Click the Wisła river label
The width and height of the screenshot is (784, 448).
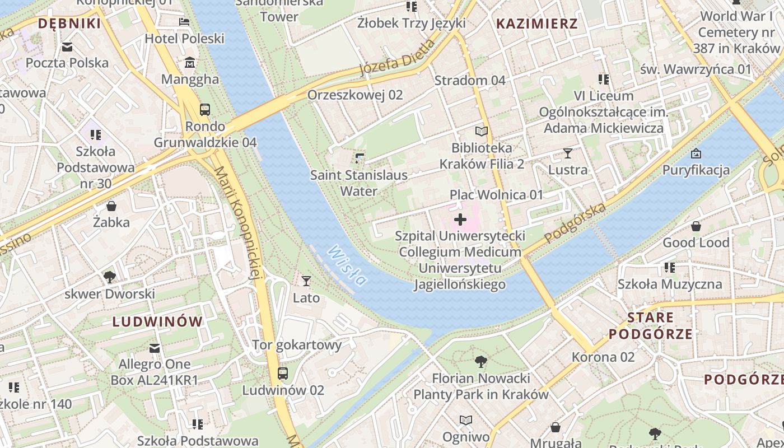pos(347,265)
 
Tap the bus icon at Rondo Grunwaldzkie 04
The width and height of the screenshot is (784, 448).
pos(205,109)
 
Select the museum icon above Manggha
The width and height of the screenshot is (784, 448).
pos(190,62)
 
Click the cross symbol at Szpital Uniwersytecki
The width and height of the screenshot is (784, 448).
pos(460,219)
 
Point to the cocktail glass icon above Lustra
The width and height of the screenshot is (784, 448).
pos(568,153)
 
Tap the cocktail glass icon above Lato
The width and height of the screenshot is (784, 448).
pos(306,281)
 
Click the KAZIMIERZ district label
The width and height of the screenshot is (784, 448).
pos(536,24)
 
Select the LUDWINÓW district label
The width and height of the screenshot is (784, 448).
pos(157,321)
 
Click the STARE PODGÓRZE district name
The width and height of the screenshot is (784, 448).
pos(650,326)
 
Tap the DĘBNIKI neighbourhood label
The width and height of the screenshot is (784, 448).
pos(69,24)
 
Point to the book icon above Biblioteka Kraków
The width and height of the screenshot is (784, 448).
pos(482,132)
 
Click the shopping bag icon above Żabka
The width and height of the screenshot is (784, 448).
pos(111,206)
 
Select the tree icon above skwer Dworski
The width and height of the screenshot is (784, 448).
pos(110,277)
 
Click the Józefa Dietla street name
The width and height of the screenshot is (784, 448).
pos(396,58)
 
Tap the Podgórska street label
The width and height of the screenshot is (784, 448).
pos(575,223)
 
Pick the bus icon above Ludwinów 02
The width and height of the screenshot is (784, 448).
pos(283,374)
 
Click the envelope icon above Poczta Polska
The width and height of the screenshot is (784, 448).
pos(67,46)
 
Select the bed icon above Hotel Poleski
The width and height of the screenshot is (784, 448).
pos(184,22)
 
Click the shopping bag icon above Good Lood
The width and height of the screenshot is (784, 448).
pos(696,226)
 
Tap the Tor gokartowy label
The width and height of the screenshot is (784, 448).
pos(297,345)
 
